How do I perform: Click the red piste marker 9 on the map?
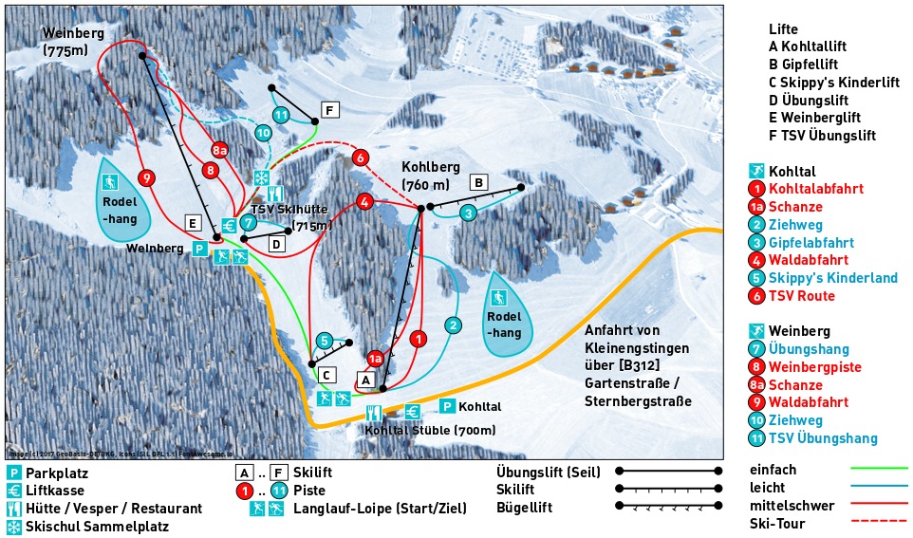pyautogui.click(x=146, y=177)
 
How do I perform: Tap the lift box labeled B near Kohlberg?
pyautogui.click(x=480, y=181)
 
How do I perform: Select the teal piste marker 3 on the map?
pyautogui.click(x=468, y=213)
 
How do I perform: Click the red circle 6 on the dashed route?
pyautogui.click(x=360, y=158)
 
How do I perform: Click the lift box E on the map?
pyautogui.click(x=193, y=223)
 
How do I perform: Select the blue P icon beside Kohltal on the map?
pyautogui.click(x=446, y=406)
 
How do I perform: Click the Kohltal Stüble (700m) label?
pyautogui.click(x=431, y=430)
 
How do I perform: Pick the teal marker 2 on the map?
pyautogui.click(x=454, y=325)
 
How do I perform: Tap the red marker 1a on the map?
pyautogui.click(x=375, y=359)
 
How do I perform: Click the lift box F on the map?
pyautogui.click(x=329, y=110)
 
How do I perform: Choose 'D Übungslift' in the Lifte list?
pyautogui.click(x=822, y=100)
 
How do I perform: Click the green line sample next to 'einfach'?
pyautogui.click(x=879, y=469)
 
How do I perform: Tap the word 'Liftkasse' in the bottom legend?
pyautogui.click(x=55, y=491)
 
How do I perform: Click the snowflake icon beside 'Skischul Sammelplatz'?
pyautogui.click(x=13, y=527)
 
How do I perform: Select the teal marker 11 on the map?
pyautogui.click(x=280, y=116)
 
